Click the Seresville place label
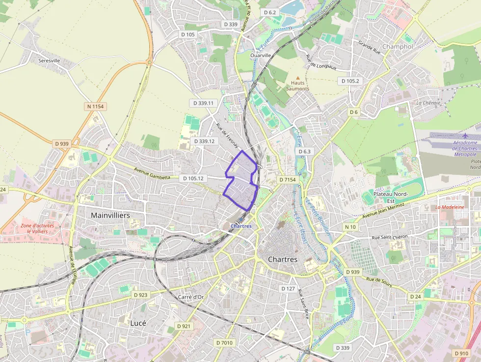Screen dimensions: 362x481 pyautogui.click(x=49, y=60)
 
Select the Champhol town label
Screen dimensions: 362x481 pyautogui.click(x=397, y=46)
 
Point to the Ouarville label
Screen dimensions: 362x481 pyautogui.click(x=261, y=56)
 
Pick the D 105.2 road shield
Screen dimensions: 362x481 pyautogui.click(x=350, y=81)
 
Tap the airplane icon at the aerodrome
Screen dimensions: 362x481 pyautogui.click(x=465, y=136)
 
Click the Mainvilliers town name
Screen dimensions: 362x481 pyautogui.click(x=110, y=215)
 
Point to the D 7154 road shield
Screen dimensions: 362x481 pyautogui.click(x=288, y=180)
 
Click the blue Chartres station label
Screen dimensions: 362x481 pyautogui.click(x=240, y=226)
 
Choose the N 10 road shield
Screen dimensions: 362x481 pyautogui.click(x=350, y=227)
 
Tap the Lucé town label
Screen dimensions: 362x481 pyautogui.click(x=138, y=323)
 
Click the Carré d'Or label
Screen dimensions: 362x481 pyautogui.click(x=190, y=297)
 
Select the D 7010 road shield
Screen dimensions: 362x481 pyautogui.click(x=225, y=342)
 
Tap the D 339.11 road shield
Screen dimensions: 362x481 pyautogui.click(x=203, y=103)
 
